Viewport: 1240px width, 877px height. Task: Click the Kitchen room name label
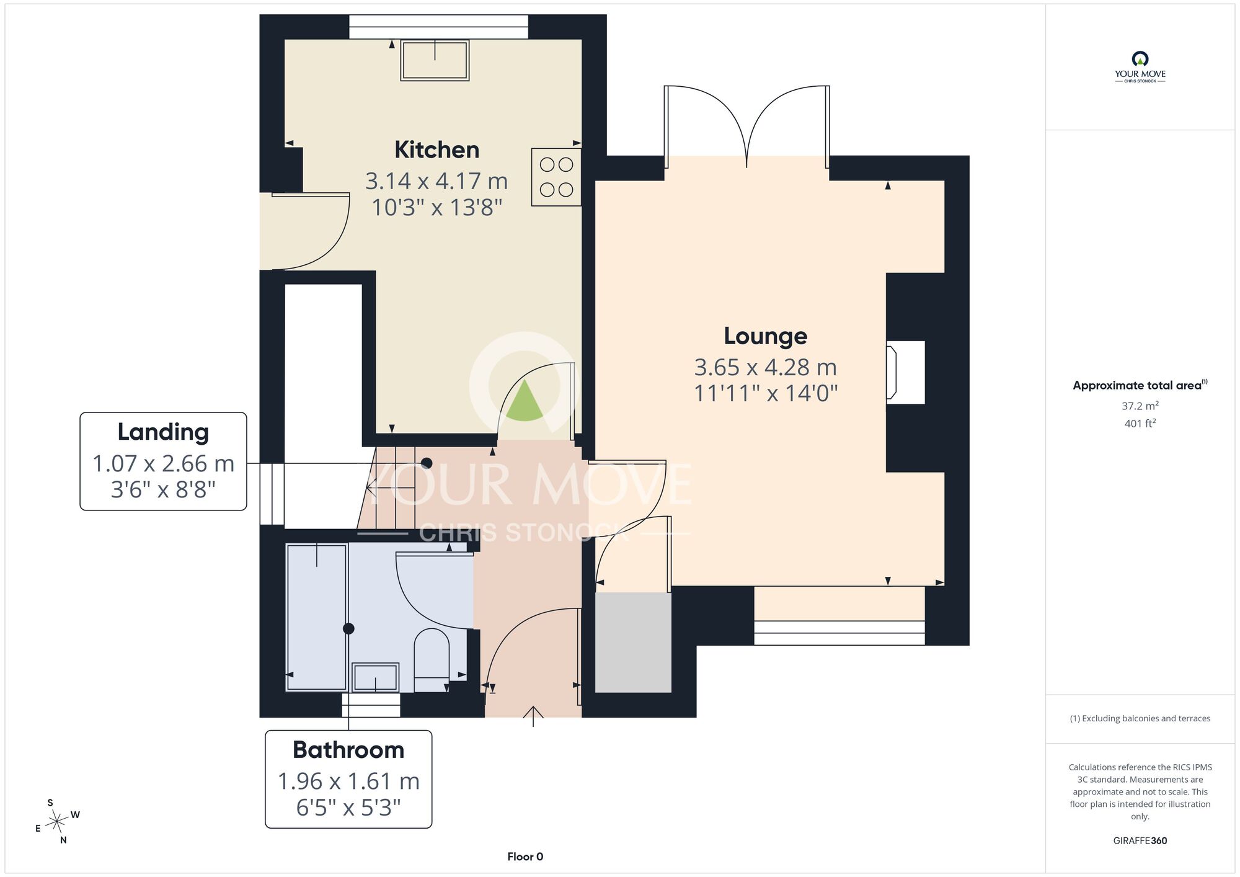[437, 150]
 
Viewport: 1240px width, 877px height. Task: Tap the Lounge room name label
[766, 336]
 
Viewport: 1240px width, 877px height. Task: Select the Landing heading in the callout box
[163, 432]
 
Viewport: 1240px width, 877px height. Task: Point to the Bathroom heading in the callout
[348, 750]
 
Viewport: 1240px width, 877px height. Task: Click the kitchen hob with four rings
[556, 177]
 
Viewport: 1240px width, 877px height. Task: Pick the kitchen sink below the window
[435, 60]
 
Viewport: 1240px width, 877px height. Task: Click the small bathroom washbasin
[375, 677]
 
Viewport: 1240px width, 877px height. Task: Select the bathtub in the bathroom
[317, 617]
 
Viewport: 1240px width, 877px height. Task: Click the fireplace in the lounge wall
[905, 372]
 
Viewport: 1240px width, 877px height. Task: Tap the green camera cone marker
[525, 401]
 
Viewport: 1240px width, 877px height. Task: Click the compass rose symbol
[58, 822]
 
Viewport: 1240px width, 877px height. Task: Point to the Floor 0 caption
[525, 857]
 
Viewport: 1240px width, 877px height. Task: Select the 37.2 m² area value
[1140, 406]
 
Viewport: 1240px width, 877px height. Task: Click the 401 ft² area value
[1140, 423]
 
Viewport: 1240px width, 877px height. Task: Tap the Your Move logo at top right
[1140, 67]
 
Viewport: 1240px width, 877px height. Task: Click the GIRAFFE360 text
[1140, 841]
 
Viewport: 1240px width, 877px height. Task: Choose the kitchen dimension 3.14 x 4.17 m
[436, 181]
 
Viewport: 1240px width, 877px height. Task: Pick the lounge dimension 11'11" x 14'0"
[766, 393]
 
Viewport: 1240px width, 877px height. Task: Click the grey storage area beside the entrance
[633, 643]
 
